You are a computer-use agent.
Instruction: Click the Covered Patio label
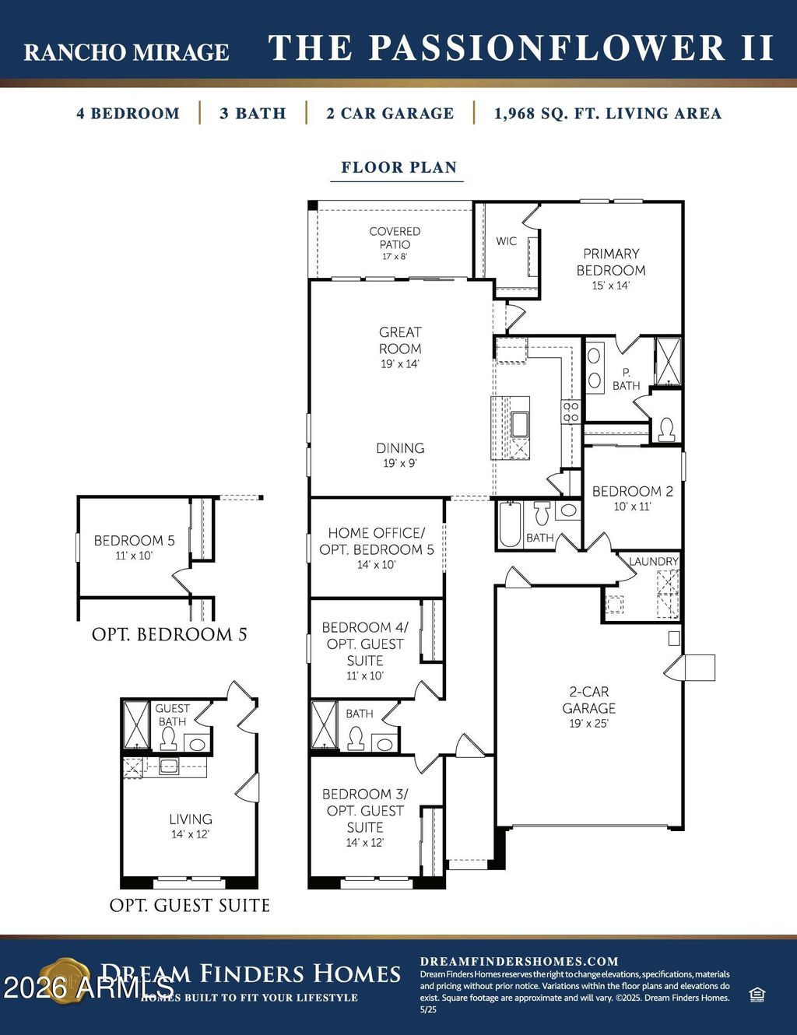pyautogui.click(x=395, y=237)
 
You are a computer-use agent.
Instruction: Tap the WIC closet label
pyautogui.click(x=506, y=241)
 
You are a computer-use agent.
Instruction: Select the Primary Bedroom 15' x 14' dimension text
pyautogui.click(x=610, y=286)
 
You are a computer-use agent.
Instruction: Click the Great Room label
pyautogui.click(x=400, y=341)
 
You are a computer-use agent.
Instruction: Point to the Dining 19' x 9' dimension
pyautogui.click(x=400, y=463)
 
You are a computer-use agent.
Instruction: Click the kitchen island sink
pyautogui.click(x=519, y=424)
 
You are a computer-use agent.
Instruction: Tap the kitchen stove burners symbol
pyautogui.click(x=571, y=412)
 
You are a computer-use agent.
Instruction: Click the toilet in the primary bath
pyautogui.click(x=665, y=429)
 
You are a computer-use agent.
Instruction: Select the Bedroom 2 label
pyautogui.click(x=632, y=491)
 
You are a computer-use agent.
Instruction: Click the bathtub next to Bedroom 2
pyautogui.click(x=510, y=525)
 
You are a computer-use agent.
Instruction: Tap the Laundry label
pyautogui.click(x=653, y=561)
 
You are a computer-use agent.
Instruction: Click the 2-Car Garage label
pyautogui.click(x=589, y=700)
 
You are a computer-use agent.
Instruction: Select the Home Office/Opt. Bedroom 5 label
pyautogui.click(x=377, y=541)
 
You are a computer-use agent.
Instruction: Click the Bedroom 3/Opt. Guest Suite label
pyautogui.click(x=365, y=810)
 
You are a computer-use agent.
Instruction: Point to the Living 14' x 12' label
pyautogui.click(x=191, y=826)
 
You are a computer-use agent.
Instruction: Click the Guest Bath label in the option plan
pyautogui.click(x=172, y=714)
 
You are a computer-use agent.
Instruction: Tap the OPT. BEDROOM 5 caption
pyautogui.click(x=169, y=634)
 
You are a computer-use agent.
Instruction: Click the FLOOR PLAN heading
pyautogui.click(x=398, y=167)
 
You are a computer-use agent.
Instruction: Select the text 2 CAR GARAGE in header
pyautogui.click(x=390, y=114)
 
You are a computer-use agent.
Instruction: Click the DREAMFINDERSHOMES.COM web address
pyautogui.click(x=519, y=961)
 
